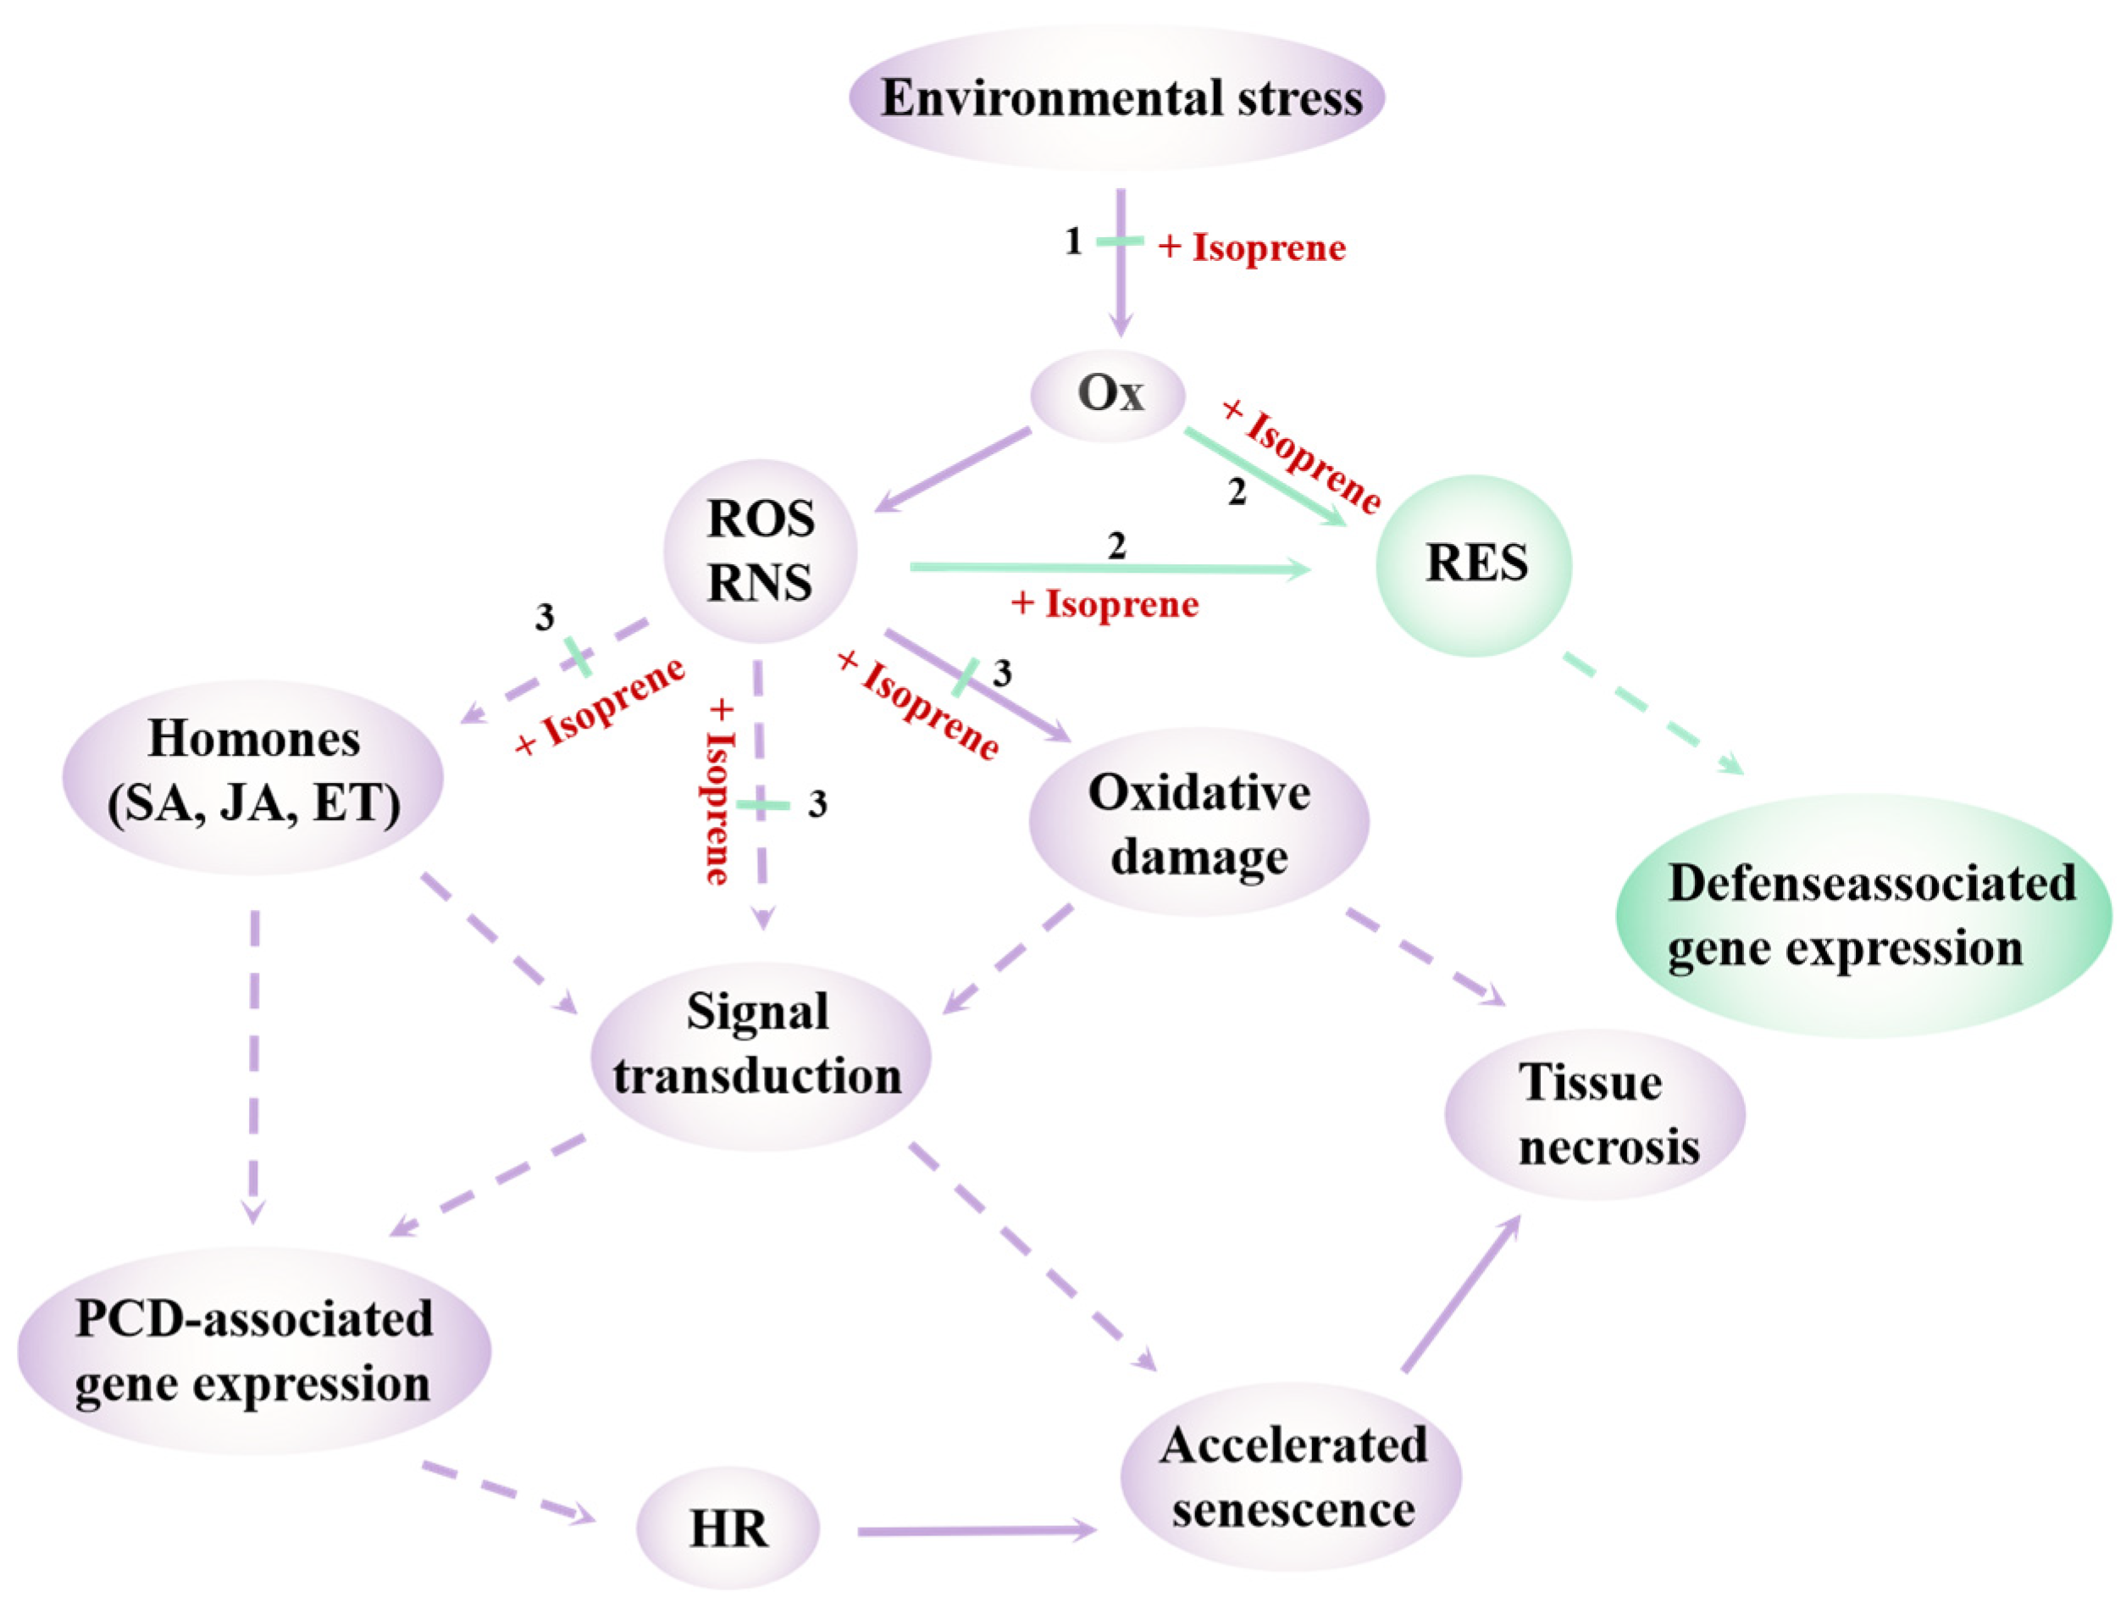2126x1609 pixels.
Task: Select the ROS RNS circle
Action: pyautogui.click(x=761, y=551)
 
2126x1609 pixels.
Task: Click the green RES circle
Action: pyautogui.click(x=1475, y=564)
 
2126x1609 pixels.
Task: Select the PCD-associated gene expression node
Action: pyautogui.click(x=254, y=1351)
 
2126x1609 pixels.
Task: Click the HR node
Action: pyautogui.click(x=728, y=1529)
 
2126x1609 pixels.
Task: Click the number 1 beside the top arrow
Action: pyautogui.click(x=1073, y=241)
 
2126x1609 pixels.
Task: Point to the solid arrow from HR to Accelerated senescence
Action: pyautogui.click(x=976, y=1530)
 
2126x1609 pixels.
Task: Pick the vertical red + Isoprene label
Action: pyautogui.click(x=719, y=792)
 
